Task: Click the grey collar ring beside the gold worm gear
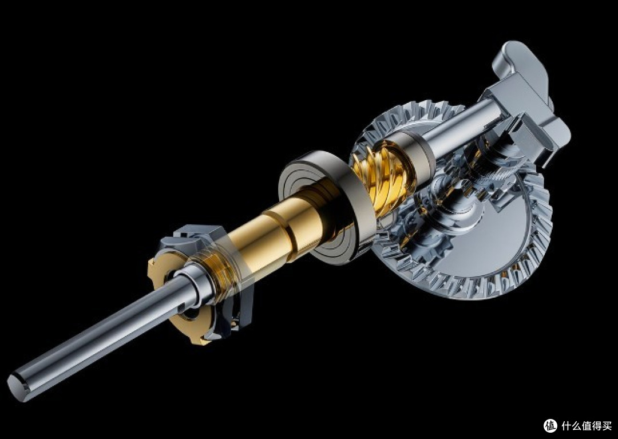click(418, 155)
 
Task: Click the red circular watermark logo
click(550, 426)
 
